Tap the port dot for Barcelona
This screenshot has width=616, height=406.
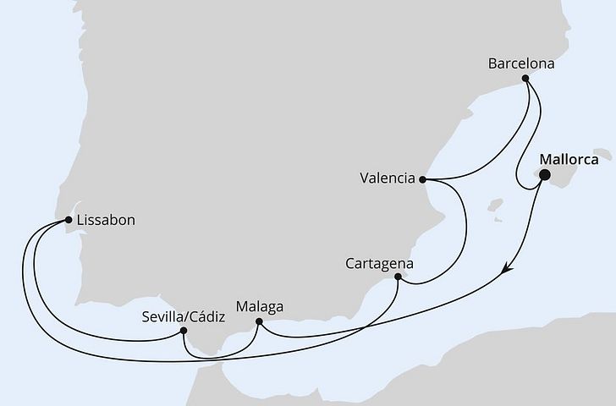[x=525, y=79]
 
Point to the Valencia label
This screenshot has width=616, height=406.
[x=387, y=178]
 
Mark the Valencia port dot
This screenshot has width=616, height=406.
[x=421, y=179]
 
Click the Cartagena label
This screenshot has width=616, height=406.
[x=379, y=263]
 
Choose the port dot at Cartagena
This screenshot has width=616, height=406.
[x=398, y=277]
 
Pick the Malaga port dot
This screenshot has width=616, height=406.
[x=259, y=321]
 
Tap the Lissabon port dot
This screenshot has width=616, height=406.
[x=69, y=221]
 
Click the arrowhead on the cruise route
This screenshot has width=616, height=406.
[x=507, y=270]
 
